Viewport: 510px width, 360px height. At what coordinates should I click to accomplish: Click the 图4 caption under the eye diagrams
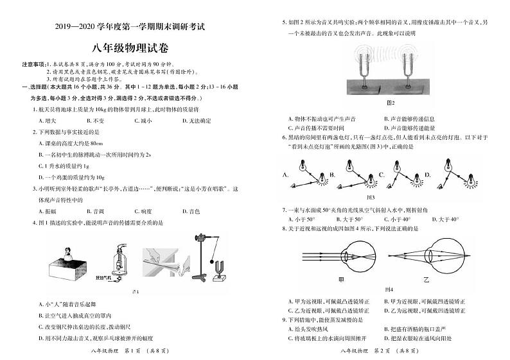click(x=388, y=289)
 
